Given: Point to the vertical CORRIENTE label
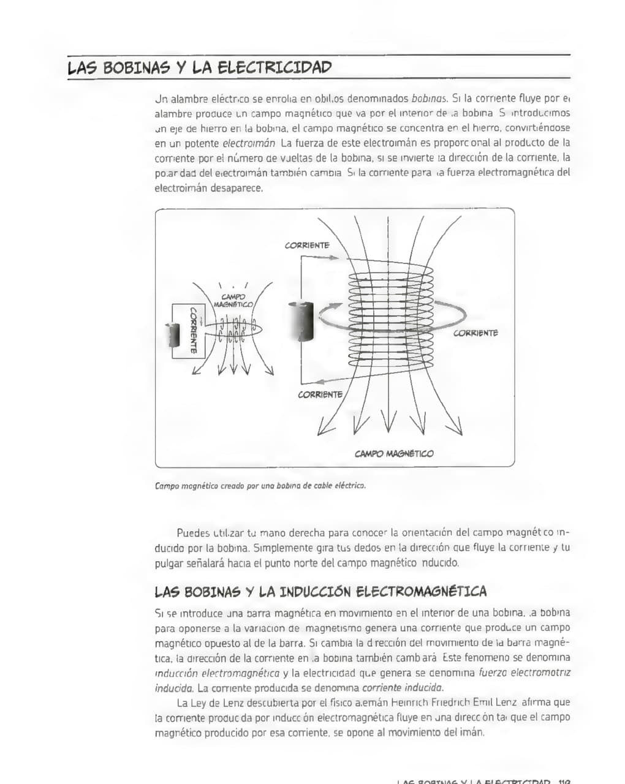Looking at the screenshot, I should (193, 330).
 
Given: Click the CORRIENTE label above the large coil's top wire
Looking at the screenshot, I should (307, 245).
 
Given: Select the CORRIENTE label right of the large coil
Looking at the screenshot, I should (475, 333).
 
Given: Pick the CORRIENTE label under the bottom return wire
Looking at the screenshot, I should (320, 394).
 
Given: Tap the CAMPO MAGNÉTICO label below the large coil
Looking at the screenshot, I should (393, 454).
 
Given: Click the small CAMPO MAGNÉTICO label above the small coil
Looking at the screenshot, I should (233, 301).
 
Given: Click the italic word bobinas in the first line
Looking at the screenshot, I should (430, 98).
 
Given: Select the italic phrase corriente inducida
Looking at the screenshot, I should (403, 688).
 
